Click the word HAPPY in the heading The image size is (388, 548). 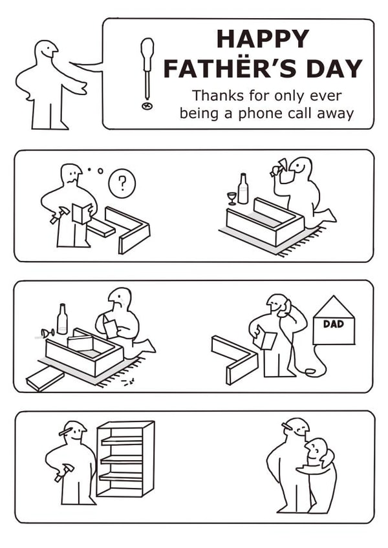(x=263, y=39)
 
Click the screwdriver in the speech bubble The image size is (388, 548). (x=147, y=68)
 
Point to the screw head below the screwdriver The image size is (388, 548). (x=147, y=105)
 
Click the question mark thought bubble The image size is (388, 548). (x=122, y=183)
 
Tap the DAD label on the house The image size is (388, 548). (x=334, y=324)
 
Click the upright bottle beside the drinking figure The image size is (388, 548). (x=242, y=189)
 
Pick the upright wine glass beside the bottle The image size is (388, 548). (x=232, y=198)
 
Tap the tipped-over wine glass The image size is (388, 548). (x=47, y=333)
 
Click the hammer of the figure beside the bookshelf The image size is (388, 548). (x=63, y=472)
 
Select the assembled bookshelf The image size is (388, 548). (x=125, y=459)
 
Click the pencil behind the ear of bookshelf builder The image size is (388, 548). (x=67, y=431)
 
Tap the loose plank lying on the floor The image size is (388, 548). (x=45, y=379)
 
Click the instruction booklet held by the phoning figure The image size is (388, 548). (x=265, y=337)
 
